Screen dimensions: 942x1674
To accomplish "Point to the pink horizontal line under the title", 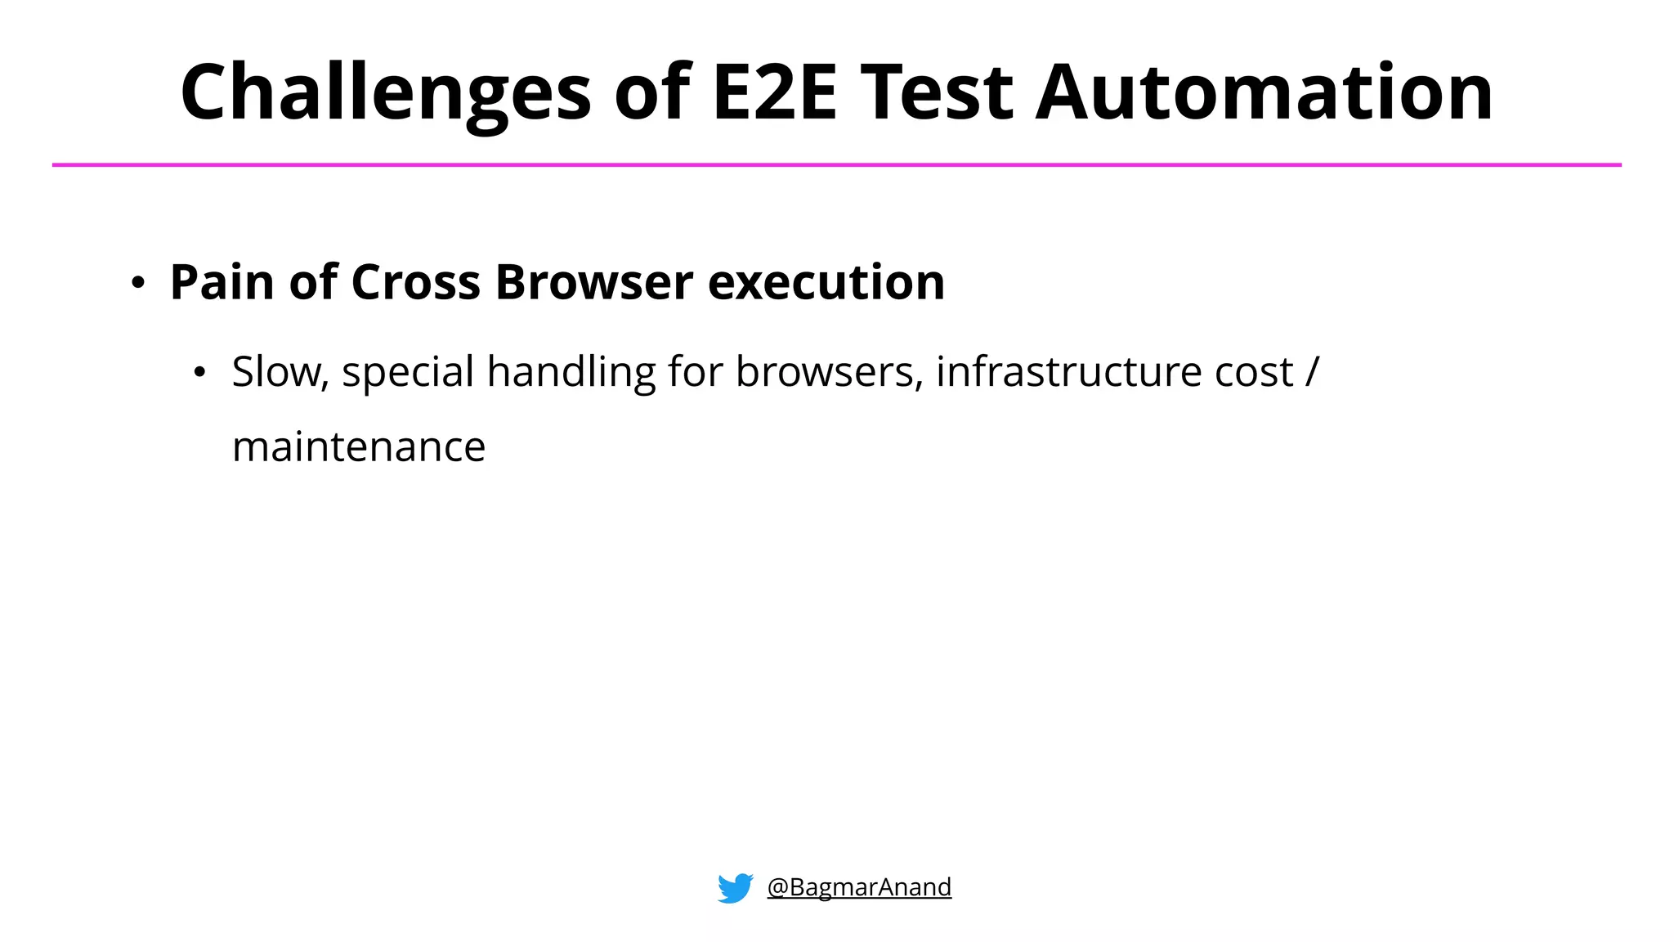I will [x=837, y=165].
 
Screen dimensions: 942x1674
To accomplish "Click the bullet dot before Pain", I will [x=138, y=284].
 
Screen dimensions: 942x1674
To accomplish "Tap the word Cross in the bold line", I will [x=415, y=282].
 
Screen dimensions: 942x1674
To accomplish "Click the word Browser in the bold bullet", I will [x=594, y=282].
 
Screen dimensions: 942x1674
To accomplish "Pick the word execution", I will [x=826, y=282].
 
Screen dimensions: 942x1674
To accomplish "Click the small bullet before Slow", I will [x=199, y=373].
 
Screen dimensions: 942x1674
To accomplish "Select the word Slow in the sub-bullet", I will [x=278, y=372].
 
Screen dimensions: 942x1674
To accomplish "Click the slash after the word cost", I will [x=1312, y=372].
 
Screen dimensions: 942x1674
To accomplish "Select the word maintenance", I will [x=359, y=447].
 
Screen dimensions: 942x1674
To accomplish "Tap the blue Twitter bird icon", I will [x=735, y=887].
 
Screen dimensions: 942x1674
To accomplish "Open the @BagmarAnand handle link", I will [x=859, y=887].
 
